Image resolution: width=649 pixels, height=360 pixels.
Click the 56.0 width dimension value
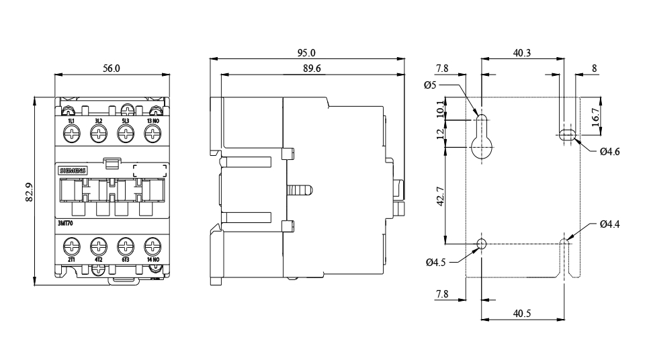[111, 69]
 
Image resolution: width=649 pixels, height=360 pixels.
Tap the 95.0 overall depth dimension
[306, 52]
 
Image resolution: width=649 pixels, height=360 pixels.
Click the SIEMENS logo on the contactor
[73, 171]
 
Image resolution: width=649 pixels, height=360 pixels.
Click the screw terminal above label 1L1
[71, 133]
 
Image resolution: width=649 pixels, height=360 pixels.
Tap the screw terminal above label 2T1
[71, 244]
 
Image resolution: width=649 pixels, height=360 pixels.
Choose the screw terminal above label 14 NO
[153, 244]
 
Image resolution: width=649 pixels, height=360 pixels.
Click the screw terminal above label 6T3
[126, 244]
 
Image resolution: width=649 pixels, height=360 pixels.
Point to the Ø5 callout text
[431, 85]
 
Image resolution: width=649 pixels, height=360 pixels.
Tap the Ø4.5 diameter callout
[435, 263]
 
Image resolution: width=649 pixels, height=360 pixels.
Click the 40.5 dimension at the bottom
[522, 313]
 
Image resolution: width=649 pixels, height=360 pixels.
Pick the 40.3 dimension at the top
[522, 52]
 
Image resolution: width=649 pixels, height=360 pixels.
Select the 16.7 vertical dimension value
[595, 116]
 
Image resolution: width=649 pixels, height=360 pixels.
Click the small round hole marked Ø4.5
[481, 244]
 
